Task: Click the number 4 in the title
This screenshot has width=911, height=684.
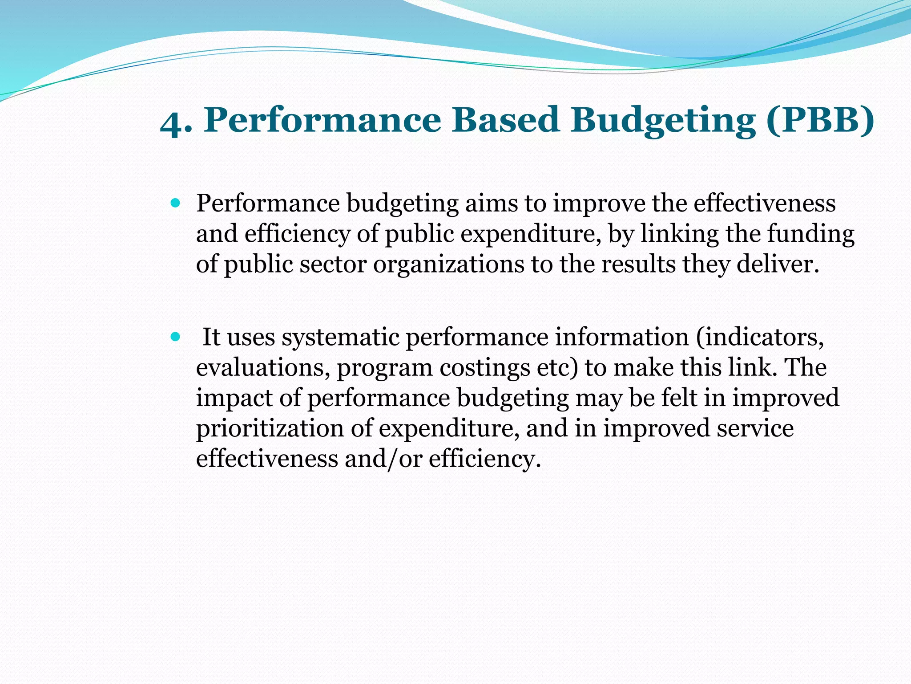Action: coord(171,123)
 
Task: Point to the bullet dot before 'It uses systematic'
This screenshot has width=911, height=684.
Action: coord(175,337)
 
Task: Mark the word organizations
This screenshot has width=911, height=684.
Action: coord(449,264)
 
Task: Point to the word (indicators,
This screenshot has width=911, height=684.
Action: coord(760,337)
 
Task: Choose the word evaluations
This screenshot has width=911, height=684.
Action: coord(263,367)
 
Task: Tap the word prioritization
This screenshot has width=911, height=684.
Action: coord(270,428)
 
